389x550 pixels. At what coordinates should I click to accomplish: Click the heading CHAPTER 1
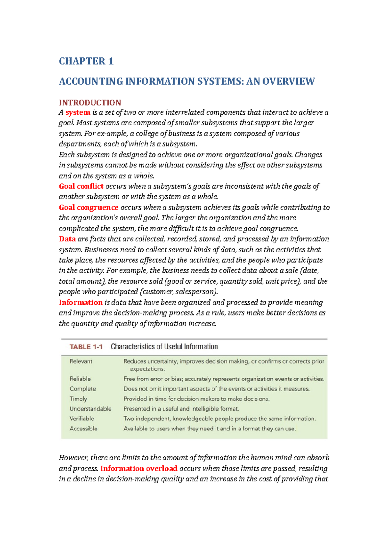point(86,61)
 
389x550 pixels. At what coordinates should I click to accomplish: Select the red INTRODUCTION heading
point(90,103)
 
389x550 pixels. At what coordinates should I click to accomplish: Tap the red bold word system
point(78,112)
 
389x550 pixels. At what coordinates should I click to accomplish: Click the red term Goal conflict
point(81,186)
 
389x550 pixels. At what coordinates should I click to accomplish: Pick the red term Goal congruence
point(88,207)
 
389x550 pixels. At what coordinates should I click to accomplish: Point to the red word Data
point(67,239)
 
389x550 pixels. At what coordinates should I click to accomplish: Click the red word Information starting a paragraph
point(80,303)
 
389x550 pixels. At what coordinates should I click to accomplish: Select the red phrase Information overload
point(139,468)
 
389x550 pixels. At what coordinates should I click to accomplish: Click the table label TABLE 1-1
point(86,347)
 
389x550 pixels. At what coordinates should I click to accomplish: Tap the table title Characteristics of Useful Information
point(164,347)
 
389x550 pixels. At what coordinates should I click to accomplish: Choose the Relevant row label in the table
point(81,361)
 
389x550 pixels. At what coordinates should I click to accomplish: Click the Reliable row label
point(80,379)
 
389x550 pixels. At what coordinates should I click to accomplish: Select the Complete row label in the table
point(83,389)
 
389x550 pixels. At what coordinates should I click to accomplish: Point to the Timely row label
point(78,399)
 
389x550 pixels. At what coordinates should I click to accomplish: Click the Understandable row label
point(90,409)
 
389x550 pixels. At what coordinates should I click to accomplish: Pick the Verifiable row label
point(82,418)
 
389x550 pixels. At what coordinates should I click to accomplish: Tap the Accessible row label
point(83,429)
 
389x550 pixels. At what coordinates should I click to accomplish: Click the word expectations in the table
point(147,369)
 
